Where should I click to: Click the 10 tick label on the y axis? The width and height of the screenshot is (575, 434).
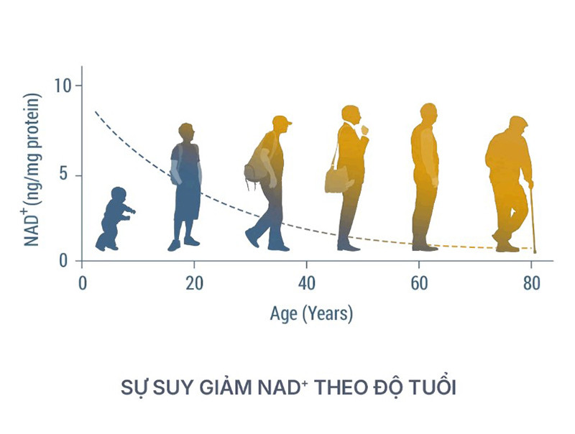[63, 86]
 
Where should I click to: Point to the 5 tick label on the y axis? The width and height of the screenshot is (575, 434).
[64, 175]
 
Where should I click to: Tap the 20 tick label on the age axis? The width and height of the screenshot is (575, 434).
[194, 283]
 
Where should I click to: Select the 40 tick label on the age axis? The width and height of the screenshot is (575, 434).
[307, 283]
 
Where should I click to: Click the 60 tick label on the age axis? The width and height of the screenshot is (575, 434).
[419, 283]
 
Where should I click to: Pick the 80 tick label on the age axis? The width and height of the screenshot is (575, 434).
[531, 283]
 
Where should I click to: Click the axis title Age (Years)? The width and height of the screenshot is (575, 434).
[311, 314]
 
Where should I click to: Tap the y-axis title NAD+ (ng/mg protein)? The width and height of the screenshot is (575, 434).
[32, 170]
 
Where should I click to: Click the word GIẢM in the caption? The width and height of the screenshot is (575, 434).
[226, 387]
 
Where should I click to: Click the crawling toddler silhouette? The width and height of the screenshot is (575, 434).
[115, 219]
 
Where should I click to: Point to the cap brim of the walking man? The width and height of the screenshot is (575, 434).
[288, 123]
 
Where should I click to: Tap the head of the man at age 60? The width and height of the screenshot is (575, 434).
[428, 114]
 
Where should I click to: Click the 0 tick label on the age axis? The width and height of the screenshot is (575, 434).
[83, 283]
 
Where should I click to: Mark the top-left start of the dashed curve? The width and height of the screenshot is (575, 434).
[95, 111]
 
